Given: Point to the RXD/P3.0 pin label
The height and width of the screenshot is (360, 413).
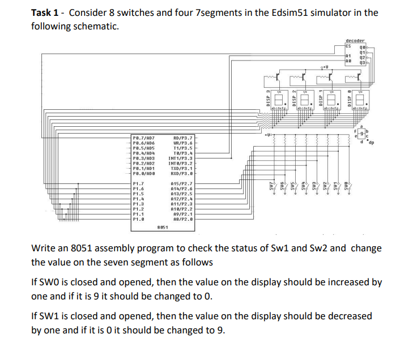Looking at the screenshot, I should pyautogui.click(x=181, y=173).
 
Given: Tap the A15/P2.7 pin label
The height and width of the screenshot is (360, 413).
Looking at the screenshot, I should pyautogui.click(x=181, y=184).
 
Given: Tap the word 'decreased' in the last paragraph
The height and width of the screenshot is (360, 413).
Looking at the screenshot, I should pyautogui.click(x=348, y=316).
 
